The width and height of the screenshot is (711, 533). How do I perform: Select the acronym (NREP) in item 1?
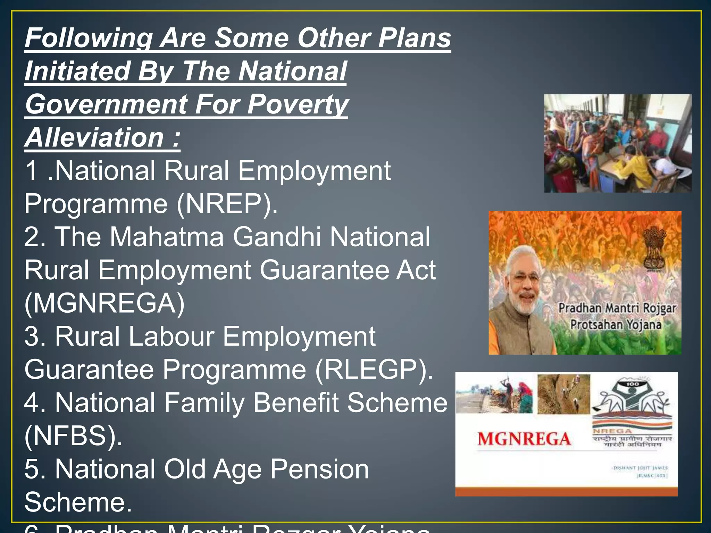(227, 204)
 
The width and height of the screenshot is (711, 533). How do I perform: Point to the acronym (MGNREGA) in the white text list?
(104, 303)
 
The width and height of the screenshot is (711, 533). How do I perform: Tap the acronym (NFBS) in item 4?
(73, 435)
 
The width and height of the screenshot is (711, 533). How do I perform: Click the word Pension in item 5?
(319, 469)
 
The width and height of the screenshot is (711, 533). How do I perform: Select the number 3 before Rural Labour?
(33, 336)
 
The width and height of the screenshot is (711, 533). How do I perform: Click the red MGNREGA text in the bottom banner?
(524, 439)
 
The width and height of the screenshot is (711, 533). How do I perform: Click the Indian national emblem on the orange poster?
(654, 248)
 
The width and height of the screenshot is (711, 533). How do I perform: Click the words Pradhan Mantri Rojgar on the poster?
(617, 308)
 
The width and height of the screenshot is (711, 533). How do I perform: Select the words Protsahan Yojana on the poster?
(616, 325)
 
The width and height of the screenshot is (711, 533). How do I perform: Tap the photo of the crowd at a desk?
(618, 143)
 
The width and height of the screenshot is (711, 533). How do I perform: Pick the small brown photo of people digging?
(563, 394)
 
